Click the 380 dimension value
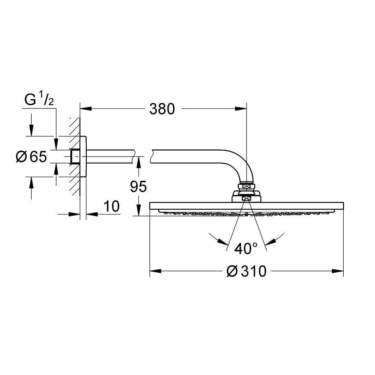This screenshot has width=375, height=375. coord(162,109)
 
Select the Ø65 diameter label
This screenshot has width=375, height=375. coord(31,157)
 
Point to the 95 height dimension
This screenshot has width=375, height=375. coord(138,187)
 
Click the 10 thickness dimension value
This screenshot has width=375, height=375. coord(112,206)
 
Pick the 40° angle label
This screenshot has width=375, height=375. coord(246,249)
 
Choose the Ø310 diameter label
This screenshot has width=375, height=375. coord(246,271)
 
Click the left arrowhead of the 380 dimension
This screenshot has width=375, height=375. coord(86,109)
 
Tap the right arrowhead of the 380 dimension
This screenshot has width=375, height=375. coord(240,109)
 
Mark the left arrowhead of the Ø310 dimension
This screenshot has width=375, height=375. coord(155,271)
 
